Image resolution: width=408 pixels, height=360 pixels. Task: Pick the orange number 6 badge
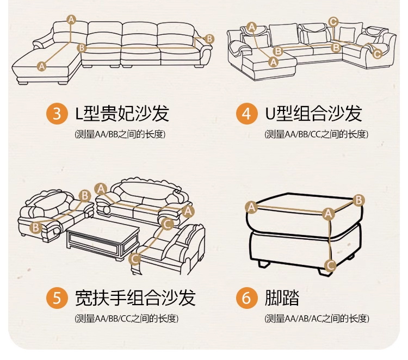pos(246,298)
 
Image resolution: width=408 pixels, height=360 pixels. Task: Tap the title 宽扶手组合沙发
pos(135,298)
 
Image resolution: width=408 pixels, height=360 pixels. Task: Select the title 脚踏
pos(282,298)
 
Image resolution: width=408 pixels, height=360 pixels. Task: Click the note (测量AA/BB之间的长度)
pos(120,134)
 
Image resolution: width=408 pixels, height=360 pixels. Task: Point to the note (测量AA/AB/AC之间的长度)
pos(317,318)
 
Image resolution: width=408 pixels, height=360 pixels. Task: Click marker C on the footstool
pos(329,265)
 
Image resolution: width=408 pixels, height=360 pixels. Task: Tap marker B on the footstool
pos(358,200)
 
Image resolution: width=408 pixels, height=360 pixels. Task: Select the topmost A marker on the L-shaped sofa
pos(71,20)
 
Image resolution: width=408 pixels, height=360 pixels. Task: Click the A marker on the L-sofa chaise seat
pos(42,66)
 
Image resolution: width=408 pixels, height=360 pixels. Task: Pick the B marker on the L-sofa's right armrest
pos(210,39)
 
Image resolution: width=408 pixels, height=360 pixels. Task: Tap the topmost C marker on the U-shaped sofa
pos(333,22)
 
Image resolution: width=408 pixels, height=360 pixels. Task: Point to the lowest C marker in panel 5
pos(135,259)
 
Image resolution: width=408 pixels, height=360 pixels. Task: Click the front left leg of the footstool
pos(265,265)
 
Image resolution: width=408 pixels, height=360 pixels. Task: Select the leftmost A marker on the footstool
pos(251,207)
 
